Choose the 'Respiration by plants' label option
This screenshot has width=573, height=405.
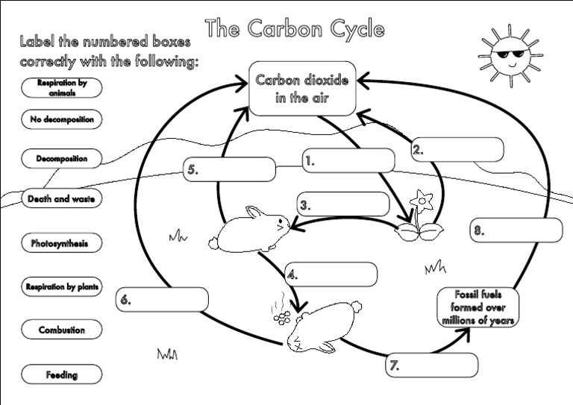coord(63,286)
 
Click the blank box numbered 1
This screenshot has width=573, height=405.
coord(348,160)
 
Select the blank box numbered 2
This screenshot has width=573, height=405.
coord(457,149)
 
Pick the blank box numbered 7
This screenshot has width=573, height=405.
coord(432,365)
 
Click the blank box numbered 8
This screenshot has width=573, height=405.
coord(516,230)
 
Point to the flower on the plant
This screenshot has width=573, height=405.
coord(423,200)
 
